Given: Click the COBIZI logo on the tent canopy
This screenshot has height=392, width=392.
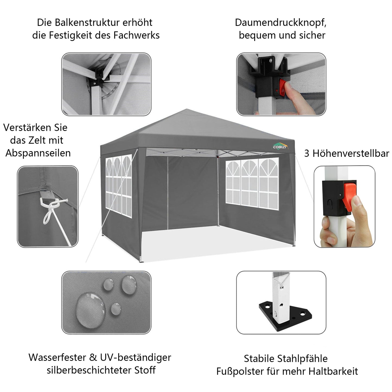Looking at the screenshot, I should click(280, 147).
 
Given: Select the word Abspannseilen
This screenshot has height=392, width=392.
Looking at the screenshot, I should click(38, 153).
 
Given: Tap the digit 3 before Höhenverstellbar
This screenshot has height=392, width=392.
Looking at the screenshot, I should click(307, 154).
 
